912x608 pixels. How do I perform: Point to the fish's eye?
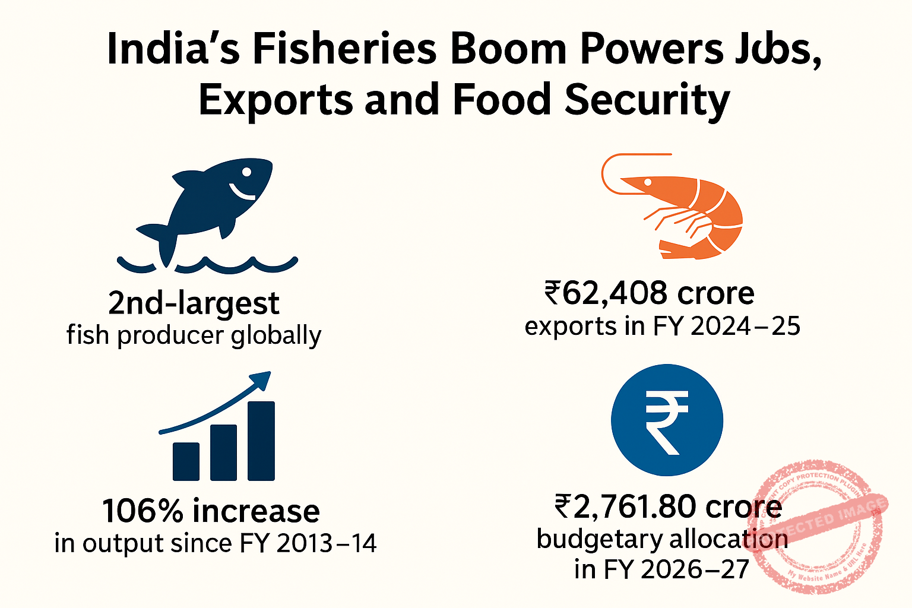click(246, 172)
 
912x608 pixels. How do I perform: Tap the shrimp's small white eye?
click(648, 182)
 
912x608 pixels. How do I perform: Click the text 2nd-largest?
click(194, 303)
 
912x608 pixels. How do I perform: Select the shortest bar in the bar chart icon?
click(186, 461)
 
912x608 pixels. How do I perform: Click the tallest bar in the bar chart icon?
click(261, 441)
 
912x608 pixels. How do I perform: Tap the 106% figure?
click(142, 511)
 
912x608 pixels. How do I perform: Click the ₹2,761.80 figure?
click(626, 506)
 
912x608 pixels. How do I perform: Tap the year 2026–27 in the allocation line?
click(695, 569)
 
